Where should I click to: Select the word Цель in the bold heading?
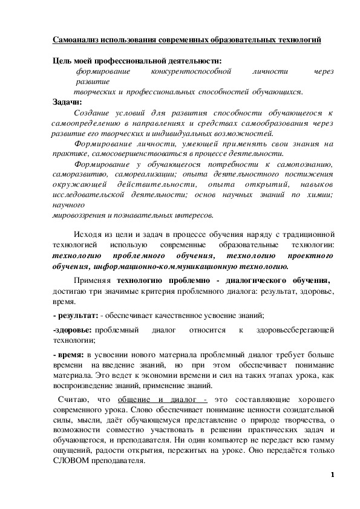(x=62, y=60)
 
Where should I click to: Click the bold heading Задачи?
(x=67, y=102)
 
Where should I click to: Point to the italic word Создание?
(x=89, y=112)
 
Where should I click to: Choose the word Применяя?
(x=93, y=281)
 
